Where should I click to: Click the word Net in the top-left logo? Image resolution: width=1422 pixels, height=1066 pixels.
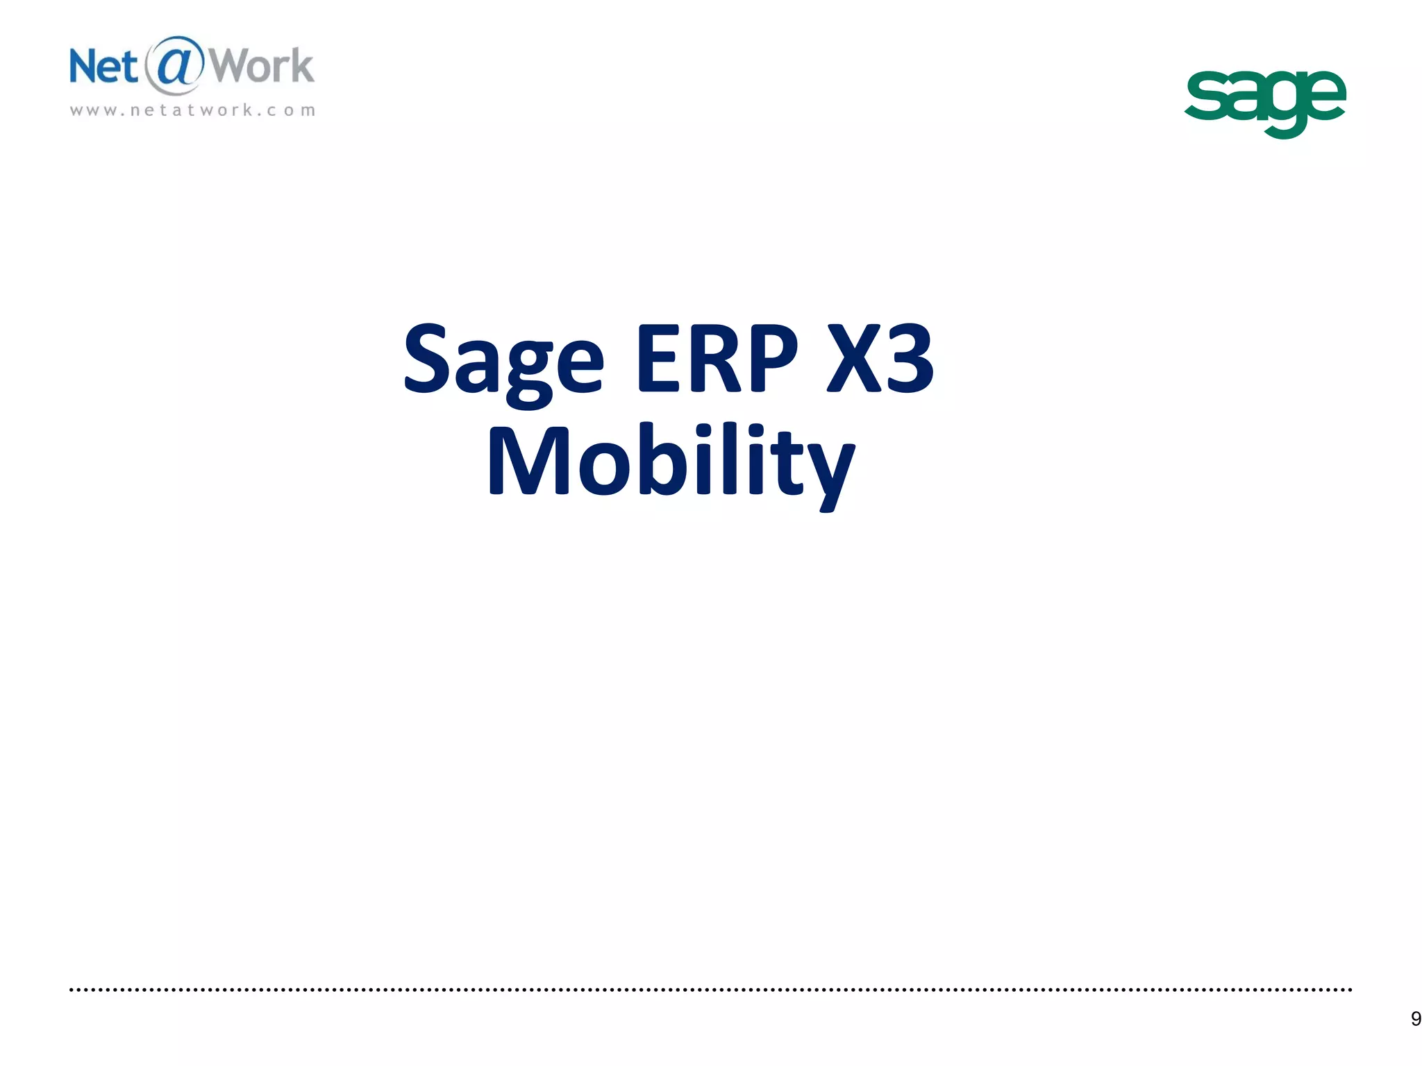pyautogui.click(x=103, y=67)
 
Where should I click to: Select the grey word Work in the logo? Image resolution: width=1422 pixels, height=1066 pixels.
pyautogui.click(x=262, y=67)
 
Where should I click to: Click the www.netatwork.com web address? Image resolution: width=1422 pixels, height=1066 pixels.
pyautogui.click(x=192, y=110)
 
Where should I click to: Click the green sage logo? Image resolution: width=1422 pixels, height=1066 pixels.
pyautogui.click(x=1264, y=101)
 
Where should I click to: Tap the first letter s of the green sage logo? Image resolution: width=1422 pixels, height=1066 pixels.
pyautogui.click(x=1206, y=97)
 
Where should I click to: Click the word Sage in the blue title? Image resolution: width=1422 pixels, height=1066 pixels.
pyautogui.click(x=503, y=361)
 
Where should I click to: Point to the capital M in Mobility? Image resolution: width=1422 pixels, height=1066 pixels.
pyautogui.click(x=529, y=459)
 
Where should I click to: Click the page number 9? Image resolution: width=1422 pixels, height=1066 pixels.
pyautogui.click(x=1415, y=1019)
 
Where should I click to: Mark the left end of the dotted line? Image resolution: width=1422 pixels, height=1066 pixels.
pyautogui.click(x=72, y=990)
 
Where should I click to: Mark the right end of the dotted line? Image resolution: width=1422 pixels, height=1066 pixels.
pyautogui.click(x=1350, y=990)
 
